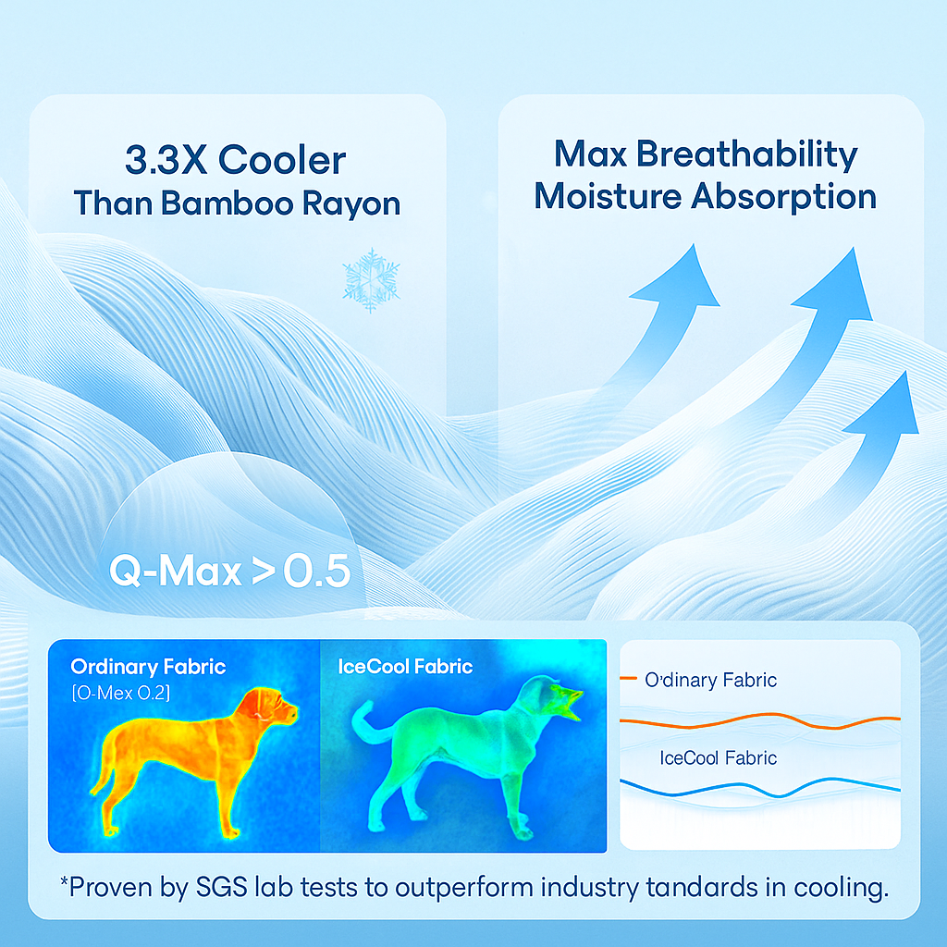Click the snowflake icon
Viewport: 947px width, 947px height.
pos(372,279)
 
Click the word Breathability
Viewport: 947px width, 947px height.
pos(746,155)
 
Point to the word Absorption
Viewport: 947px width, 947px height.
pos(784,197)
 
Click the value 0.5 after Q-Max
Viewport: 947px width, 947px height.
pos(316,571)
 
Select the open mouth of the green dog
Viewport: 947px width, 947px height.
pos(570,704)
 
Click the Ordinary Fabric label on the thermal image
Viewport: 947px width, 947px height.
pos(148,667)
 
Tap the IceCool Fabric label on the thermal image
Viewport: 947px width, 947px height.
pos(405,667)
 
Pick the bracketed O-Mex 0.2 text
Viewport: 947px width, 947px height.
pos(121,693)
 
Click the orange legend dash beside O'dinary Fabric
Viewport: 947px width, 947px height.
pos(628,678)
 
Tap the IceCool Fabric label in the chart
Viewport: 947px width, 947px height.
pos(718,758)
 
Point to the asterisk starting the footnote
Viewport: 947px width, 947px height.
pos(64,881)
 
